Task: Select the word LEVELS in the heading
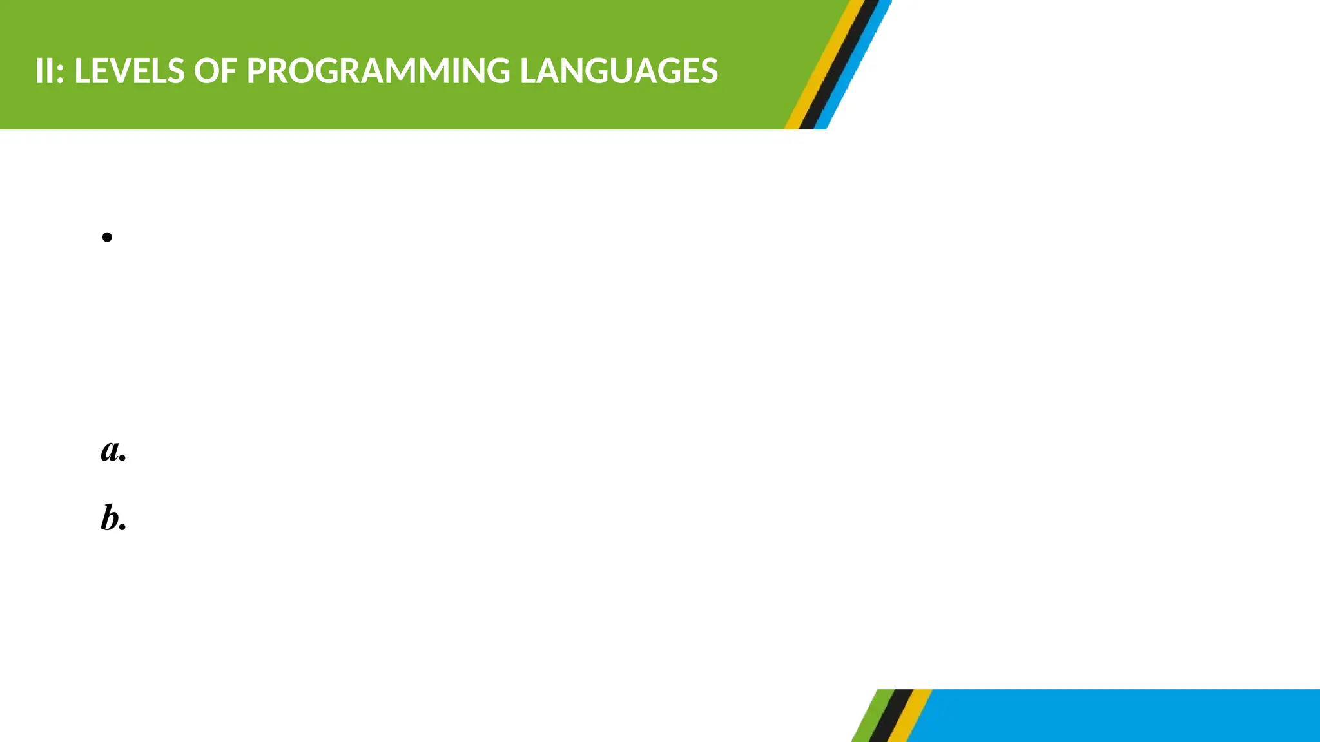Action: (x=130, y=71)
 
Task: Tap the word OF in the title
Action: (x=215, y=71)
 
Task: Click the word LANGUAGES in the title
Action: (x=618, y=71)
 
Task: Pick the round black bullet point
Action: (x=107, y=237)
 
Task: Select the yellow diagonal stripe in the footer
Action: (x=909, y=716)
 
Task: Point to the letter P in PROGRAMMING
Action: (x=257, y=71)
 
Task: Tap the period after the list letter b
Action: (x=123, y=528)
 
